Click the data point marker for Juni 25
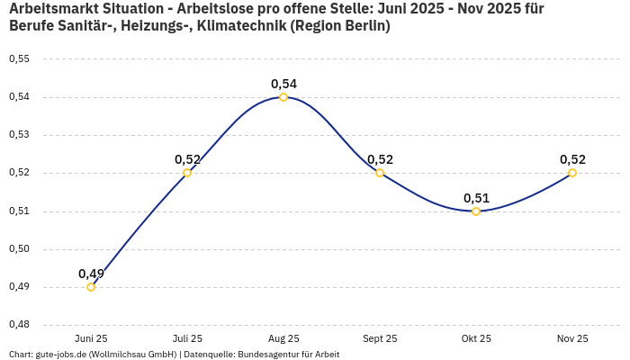[91, 287]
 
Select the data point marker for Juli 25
[187, 173]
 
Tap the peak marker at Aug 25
[283, 97]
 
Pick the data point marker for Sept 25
[380, 173]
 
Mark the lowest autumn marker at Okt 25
[476, 211]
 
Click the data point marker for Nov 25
[572, 173]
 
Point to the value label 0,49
[91, 274]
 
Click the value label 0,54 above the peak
[283, 84]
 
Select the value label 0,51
[476, 198]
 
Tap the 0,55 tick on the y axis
[19, 59]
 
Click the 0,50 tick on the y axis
[19, 249]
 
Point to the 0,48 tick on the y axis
[19, 325]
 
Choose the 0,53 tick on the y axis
[19, 135]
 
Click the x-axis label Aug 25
[283, 338]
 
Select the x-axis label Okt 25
[476, 338]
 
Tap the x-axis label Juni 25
[91, 338]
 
